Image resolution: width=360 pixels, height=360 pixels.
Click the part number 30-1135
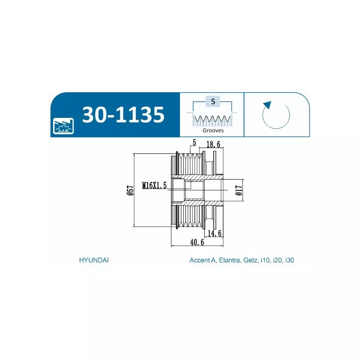click(x=123, y=115)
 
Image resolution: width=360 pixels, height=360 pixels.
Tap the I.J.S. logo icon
click(x=63, y=126)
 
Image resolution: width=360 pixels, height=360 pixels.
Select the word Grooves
click(x=213, y=130)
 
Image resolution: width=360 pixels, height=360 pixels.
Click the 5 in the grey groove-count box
click(x=213, y=102)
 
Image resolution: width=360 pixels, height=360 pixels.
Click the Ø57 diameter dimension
click(x=130, y=190)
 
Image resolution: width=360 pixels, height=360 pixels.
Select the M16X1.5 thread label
click(x=154, y=185)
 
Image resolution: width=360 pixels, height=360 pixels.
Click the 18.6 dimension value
click(x=213, y=144)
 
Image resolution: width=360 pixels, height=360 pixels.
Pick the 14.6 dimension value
click(x=215, y=233)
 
